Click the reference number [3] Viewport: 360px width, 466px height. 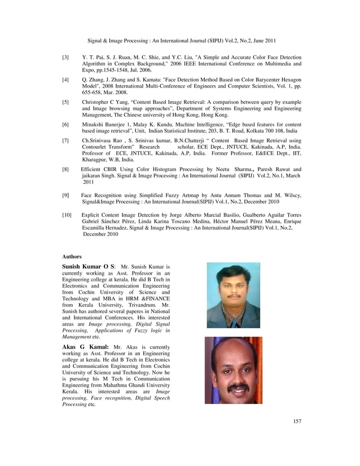pos(66,58)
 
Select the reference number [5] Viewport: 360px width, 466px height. pos(66,102)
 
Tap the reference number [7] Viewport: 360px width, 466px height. pos(66,140)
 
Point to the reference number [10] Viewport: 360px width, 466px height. pos(67,215)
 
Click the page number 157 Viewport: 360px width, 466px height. pos(297,421)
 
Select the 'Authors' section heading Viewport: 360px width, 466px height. pos(72,256)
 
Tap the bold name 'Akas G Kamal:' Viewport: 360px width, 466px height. pos(85,347)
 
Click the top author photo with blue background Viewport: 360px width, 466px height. pos(233,295)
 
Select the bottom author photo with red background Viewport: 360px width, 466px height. pos(233,370)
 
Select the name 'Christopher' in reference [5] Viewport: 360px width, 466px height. pos(97,102)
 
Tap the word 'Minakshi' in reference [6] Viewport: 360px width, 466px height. pos(94,124)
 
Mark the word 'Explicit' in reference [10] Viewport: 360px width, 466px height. pos(92,215)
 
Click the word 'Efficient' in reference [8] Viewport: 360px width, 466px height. pos(93,169)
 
